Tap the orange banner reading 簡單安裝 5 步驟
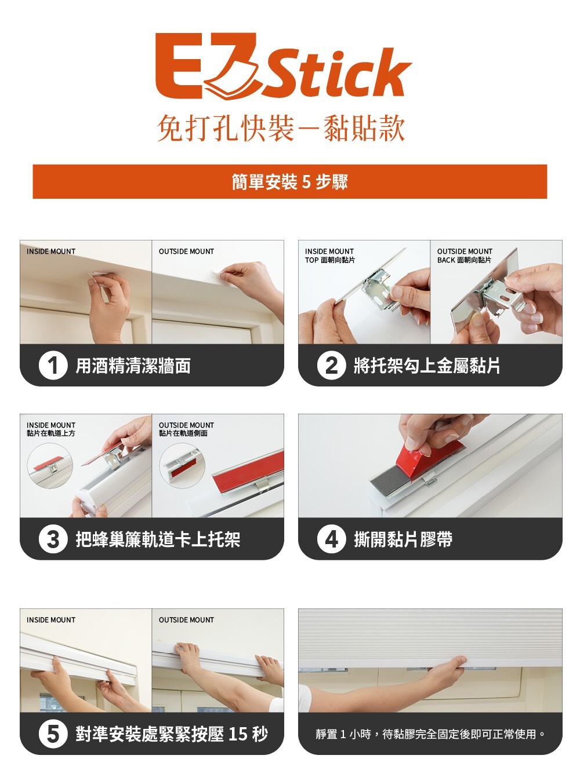(290, 181)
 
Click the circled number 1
(53, 365)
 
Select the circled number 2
(331, 365)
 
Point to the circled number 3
(53, 539)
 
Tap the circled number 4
(331, 539)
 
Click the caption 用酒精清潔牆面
(133, 366)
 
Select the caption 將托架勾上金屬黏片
(427, 366)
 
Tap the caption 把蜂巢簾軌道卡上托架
(158, 539)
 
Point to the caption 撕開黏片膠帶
(403, 539)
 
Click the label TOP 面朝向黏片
(330, 260)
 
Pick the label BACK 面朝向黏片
(464, 260)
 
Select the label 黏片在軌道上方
(50, 433)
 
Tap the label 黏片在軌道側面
(183, 433)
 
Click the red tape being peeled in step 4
(430, 459)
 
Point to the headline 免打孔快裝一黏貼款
(281, 128)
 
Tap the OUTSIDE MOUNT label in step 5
(186, 620)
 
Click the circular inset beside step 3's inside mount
(50, 465)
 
